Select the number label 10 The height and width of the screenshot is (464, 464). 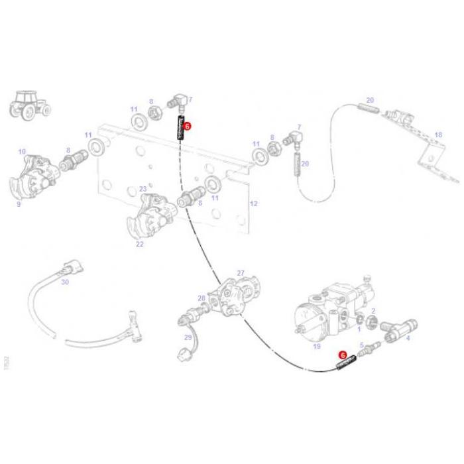[22, 152]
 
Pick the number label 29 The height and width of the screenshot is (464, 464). [188, 337]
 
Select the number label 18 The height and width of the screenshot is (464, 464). [437, 135]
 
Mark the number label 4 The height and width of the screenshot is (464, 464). [408, 338]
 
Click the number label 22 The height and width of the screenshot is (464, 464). [140, 244]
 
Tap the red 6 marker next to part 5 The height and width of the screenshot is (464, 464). [343, 355]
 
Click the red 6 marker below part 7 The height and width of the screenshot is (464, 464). [187, 125]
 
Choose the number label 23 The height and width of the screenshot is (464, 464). [143, 189]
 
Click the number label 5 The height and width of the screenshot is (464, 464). [362, 345]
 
